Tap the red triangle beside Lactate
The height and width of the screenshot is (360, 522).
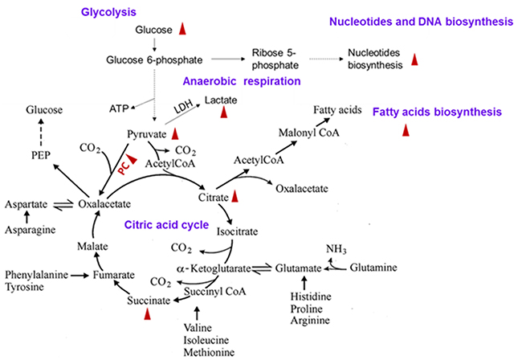click(x=224, y=111)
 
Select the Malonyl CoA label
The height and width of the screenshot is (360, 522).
click(x=304, y=132)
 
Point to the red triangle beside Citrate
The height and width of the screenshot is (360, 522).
click(x=234, y=195)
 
